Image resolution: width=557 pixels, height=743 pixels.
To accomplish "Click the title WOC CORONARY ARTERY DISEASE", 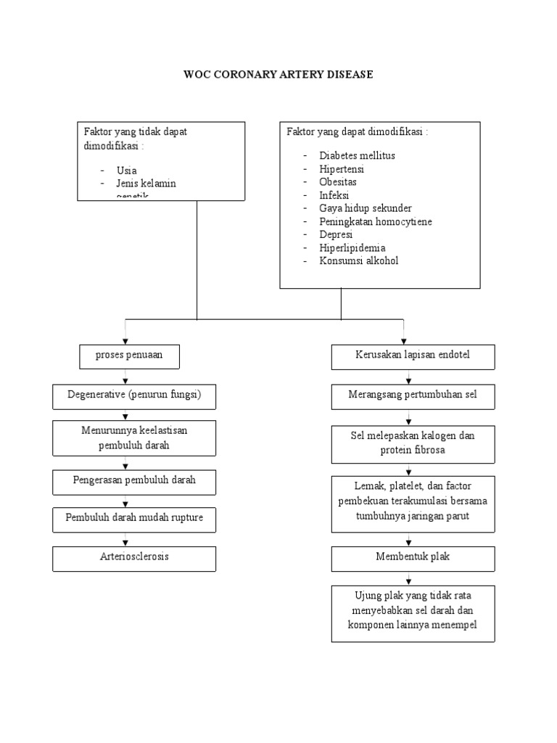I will coord(278,75).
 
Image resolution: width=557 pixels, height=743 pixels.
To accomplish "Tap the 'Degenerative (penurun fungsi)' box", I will coord(134,395).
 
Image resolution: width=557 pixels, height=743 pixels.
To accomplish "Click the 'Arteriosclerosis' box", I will coord(134,557).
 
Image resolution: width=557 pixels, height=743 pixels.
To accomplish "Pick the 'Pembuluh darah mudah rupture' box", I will coord(134,518).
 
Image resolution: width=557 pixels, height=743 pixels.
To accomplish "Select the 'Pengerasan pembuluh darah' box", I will coord(134,480).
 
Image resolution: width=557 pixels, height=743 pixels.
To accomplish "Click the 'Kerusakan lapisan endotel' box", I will coord(413,357).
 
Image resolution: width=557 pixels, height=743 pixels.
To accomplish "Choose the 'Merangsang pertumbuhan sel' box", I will coord(413,395).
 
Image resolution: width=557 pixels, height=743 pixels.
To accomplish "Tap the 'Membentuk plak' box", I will coord(413,557).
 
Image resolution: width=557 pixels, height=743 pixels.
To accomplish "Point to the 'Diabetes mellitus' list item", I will coord(357,156).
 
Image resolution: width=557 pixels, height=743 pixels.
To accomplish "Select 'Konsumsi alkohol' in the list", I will coord(358,261).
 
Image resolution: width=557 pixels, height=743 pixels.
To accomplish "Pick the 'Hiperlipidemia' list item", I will coord(352,248).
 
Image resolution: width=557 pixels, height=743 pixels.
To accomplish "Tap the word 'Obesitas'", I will coord(338,182).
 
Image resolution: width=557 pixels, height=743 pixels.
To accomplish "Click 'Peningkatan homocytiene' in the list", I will coord(375,222).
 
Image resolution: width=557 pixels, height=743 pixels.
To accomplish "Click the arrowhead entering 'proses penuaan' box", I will coord(126,340).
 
